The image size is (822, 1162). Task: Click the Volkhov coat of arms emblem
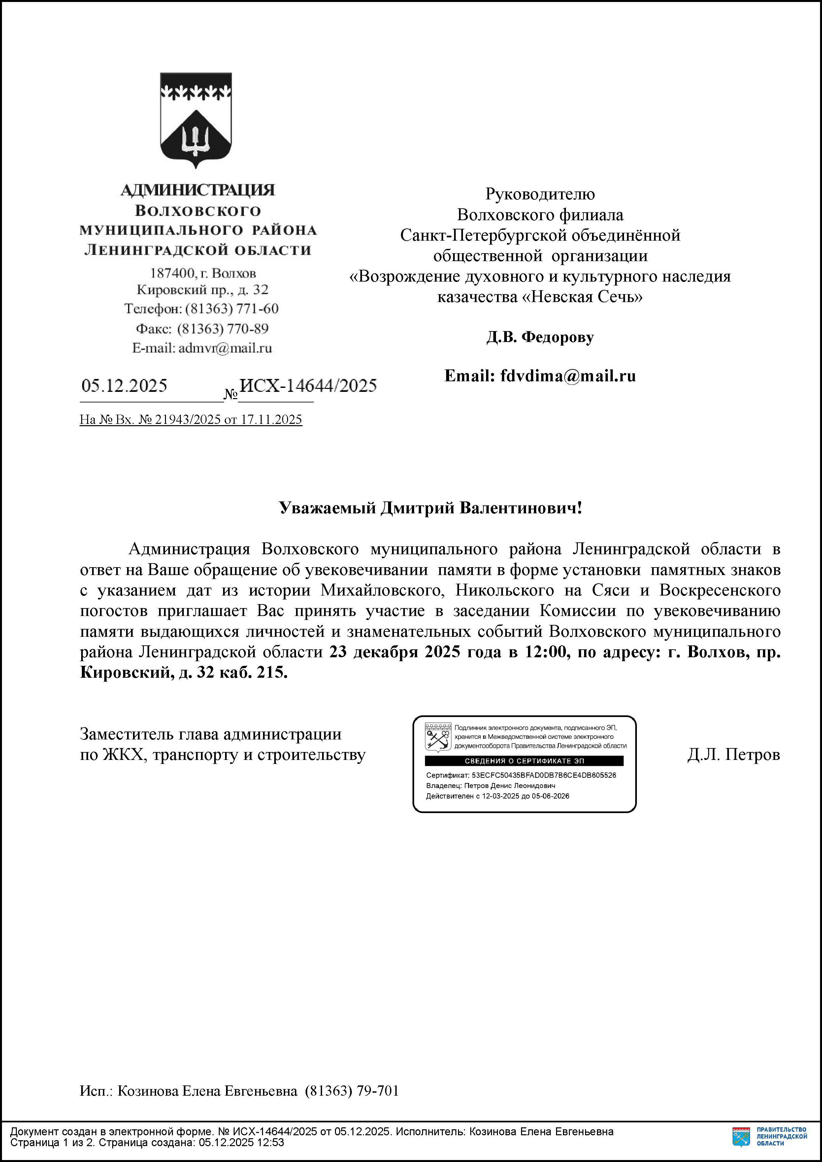coord(196,120)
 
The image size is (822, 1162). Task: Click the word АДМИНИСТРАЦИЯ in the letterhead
coord(198,190)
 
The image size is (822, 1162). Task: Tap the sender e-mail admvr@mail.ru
coord(225,348)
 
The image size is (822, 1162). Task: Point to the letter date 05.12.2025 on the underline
coord(124,386)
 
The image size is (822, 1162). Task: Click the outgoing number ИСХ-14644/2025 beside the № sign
coord(308,386)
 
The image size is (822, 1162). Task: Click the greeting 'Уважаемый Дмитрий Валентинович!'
coord(430,508)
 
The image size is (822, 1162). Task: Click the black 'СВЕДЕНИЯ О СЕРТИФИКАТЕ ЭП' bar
coord(524,761)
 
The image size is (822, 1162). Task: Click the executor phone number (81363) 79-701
coord(352,1091)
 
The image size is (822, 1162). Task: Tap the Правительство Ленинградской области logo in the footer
coord(769,1137)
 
